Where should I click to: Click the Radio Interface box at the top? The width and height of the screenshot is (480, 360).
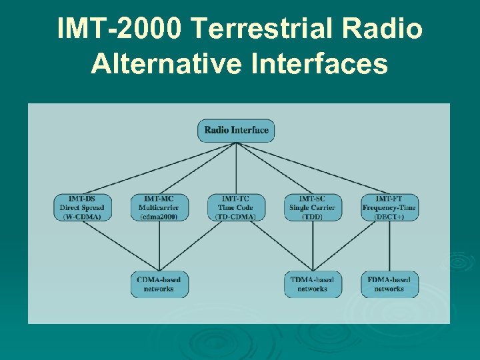click(x=236, y=130)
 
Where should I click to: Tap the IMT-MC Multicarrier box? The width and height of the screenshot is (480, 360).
click(x=159, y=207)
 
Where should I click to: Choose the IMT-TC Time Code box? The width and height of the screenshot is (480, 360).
click(x=236, y=207)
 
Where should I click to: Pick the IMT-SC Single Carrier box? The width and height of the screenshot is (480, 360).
click(x=313, y=207)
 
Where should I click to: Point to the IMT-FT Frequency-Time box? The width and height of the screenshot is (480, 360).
click(x=389, y=207)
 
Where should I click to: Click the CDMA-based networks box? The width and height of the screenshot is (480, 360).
click(x=159, y=284)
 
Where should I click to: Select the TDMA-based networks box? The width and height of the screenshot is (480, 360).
click(x=313, y=284)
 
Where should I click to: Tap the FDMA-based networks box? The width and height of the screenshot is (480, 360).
click(x=389, y=284)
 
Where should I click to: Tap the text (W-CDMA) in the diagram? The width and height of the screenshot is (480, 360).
click(x=82, y=217)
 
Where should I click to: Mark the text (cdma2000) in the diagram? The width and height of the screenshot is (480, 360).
click(x=159, y=217)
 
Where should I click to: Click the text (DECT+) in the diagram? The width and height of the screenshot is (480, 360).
click(x=389, y=217)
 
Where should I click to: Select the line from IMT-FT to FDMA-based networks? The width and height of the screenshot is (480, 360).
click(x=389, y=246)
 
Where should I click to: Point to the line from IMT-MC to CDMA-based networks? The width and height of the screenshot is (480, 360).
click(x=159, y=246)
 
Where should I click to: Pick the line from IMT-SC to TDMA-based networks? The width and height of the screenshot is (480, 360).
click(x=313, y=246)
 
